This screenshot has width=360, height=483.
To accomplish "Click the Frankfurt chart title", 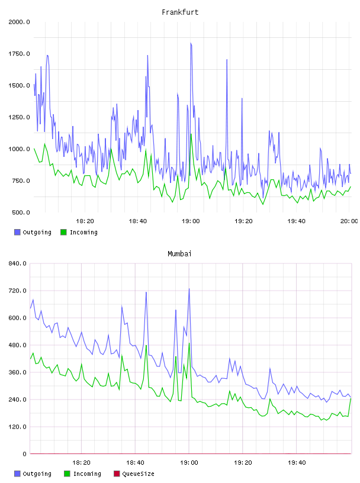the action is click(x=180, y=12).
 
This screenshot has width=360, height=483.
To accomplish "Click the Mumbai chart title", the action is click(x=179, y=254).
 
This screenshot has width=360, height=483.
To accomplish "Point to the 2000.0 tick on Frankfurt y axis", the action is click(x=19, y=22).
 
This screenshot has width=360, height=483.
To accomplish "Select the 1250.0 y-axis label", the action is click(x=19, y=117).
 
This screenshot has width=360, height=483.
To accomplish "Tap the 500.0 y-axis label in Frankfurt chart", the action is click(x=21, y=212).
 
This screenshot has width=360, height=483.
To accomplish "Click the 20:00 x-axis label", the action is click(x=349, y=221).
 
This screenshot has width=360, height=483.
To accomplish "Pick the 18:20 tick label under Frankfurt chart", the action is click(x=85, y=221).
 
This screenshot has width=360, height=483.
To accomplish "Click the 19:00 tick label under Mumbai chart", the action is click(x=189, y=463).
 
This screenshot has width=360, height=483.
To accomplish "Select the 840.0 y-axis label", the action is click(x=17, y=263).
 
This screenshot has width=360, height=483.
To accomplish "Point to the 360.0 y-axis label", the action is click(x=17, y=372).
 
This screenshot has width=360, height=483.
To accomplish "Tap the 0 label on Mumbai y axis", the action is click(x=24, y=454).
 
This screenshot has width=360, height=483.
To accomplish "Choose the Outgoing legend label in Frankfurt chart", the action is click(x=37, y=232).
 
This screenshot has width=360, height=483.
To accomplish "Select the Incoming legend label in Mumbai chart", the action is click(x=87, y=474).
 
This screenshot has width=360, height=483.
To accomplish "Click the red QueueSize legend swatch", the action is click(x=117, y=474).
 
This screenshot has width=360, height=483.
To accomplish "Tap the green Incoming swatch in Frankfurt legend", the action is click(x=63, y=232).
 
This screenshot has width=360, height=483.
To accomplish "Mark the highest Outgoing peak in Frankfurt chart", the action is click(x=191, y=43).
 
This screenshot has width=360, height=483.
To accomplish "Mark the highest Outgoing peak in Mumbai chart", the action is click(x=189, y=289).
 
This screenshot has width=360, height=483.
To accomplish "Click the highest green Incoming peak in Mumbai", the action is click(x=189, y=343).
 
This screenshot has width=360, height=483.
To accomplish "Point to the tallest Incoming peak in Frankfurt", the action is click(x=191, y=134).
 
